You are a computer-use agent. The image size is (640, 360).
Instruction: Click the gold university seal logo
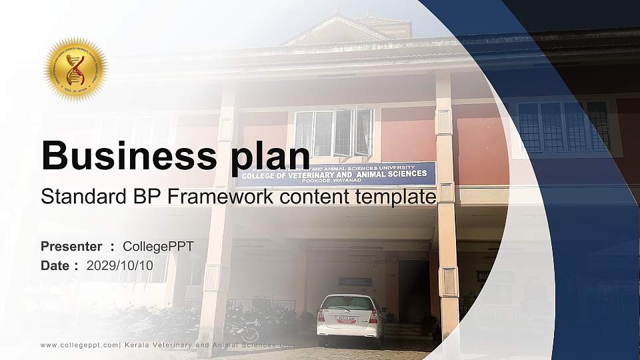pyautogui.click(x=76, y=69)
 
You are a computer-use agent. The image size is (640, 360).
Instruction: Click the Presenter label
pyautogui.click(x=71, y=247)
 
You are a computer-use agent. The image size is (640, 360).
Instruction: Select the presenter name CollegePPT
pyautogui.click(x=159, y=247)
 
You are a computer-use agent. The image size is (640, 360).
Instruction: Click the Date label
pyautogui.click(x=55, y=265)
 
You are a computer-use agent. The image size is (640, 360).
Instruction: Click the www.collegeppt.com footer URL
pyautogui.click(x=79, y=345)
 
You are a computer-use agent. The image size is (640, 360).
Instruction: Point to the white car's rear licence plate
pyautogui.click(x=346, y=319)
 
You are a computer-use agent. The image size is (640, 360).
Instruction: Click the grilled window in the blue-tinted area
pyautogui.click(x=563, y=126)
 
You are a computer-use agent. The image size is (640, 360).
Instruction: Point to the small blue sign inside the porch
pyautogui.click(x=355, y=281)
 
